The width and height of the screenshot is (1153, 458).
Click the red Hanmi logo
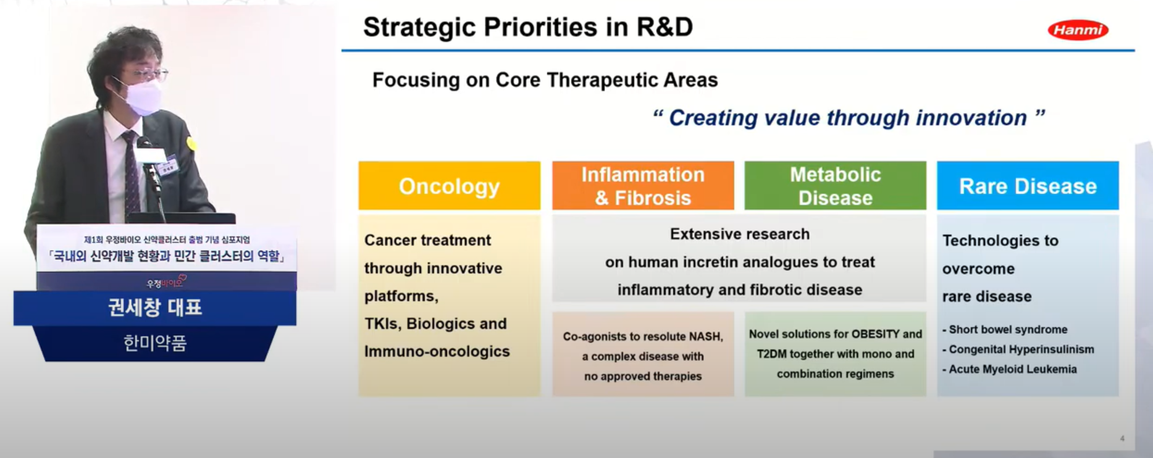tap(1078, 30)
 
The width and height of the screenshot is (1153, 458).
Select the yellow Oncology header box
tap(449, 186)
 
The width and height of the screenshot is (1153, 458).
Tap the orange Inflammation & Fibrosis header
tap(643, 186)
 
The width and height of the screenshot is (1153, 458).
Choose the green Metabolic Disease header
tap(835, 186)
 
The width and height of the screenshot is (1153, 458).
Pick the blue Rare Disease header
tap(1028, 186)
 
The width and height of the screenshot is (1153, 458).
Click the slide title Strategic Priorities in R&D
tap(528, 27)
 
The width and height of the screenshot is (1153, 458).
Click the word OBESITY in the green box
tap(875, 334)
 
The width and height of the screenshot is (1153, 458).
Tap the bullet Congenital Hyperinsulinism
tap(1018, 349)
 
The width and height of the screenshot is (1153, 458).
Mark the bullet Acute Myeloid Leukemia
tap(1009, 369)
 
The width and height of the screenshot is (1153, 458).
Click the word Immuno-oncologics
tap(437, 351)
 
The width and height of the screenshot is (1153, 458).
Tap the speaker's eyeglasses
tap(145, 75)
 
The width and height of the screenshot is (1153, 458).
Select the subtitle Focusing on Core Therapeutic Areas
tap(545, 80)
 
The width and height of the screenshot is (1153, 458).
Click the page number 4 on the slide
tap(1122, 438)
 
